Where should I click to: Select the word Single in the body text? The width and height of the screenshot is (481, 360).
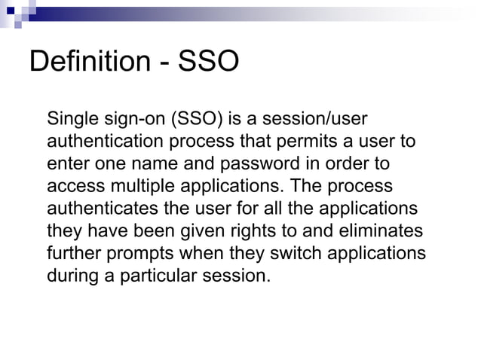pos(69,119)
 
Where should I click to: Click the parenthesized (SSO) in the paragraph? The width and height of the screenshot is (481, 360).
pos(197,119)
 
